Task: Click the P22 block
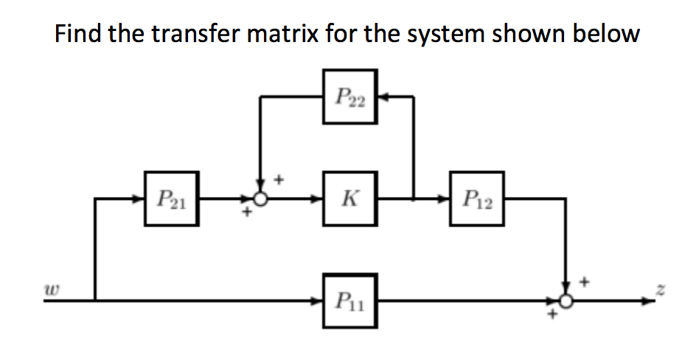click(350, 95)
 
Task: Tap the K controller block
click(350, 198)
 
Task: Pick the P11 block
click(350, 300)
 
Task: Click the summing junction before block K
click(260, 198)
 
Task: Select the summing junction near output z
click(566, 300)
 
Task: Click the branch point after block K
click(414, 198)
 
